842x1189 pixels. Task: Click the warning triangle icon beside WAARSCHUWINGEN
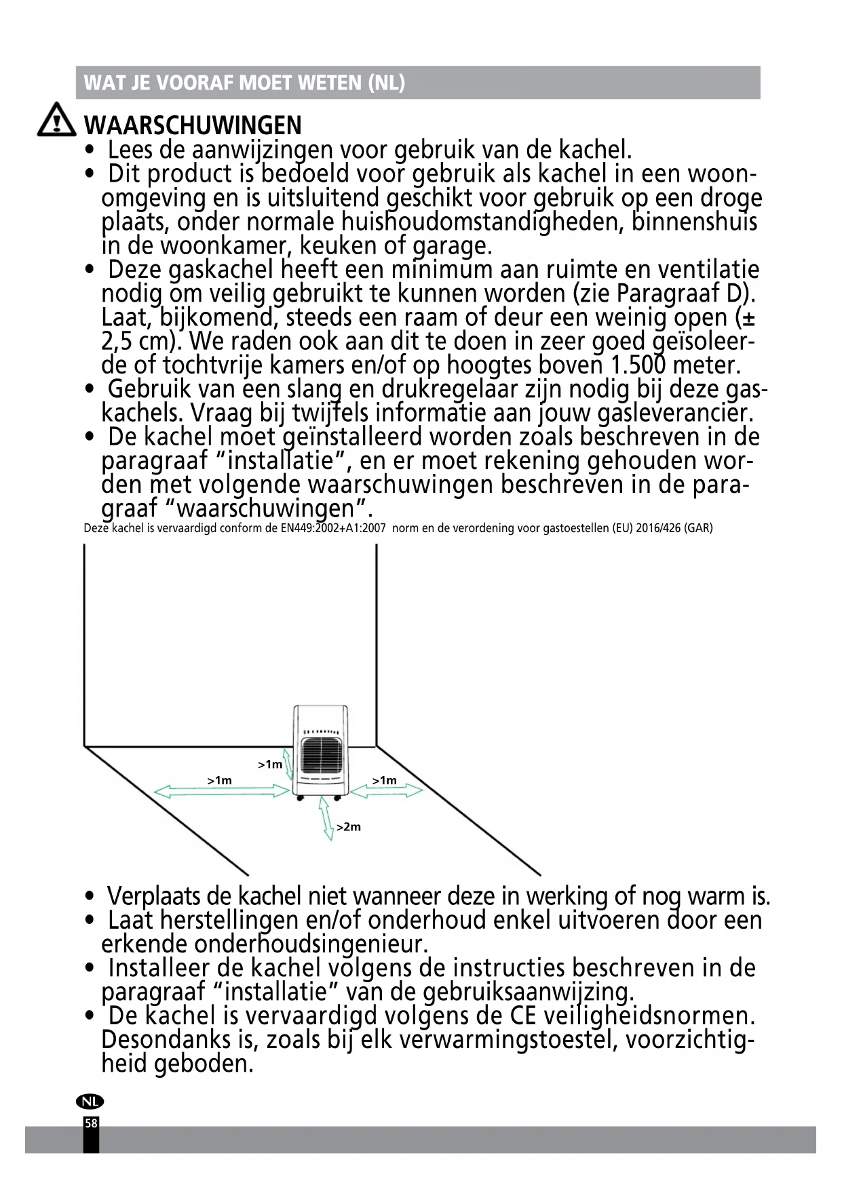56,122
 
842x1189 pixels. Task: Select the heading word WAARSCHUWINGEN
192,125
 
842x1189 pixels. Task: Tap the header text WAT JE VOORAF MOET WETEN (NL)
244,83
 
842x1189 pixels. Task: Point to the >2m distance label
349,827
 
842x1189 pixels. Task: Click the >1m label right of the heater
384,780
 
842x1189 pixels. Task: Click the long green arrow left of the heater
223,791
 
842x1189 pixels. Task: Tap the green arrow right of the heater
396,790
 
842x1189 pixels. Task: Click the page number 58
91,1123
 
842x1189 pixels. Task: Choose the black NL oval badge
90,1102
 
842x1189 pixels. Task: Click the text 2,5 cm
139,342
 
